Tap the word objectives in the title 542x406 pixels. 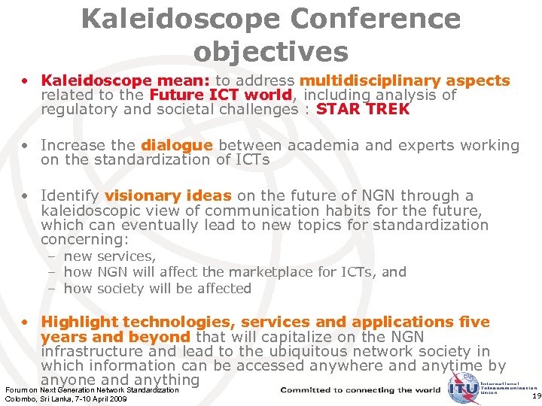271,51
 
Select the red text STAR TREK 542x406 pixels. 364,109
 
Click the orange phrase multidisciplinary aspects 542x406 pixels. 405,80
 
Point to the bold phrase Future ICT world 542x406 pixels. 221,95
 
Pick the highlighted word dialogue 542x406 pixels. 177,145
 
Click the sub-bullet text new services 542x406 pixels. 110,256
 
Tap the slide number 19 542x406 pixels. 535,395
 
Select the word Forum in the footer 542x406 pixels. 15,389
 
